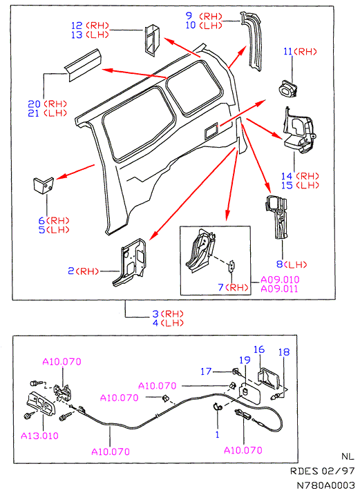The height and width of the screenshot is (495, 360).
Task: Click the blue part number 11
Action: point(287,52)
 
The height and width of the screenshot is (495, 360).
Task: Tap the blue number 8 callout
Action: point(280,264)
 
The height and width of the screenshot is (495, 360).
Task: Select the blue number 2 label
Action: point(71,271)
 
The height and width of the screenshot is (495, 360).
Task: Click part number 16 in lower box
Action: point(259,349)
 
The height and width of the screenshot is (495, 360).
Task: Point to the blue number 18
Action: point(284,351)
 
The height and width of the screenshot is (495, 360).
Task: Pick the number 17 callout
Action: point(206,371)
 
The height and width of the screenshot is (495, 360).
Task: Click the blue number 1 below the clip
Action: point(217,435)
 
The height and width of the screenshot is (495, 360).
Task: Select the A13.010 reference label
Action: point(40,436)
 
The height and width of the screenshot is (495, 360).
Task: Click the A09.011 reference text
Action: point(279,289)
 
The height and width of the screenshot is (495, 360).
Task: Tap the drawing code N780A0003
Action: point(326,485)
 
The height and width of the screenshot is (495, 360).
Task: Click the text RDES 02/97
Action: point(323,471)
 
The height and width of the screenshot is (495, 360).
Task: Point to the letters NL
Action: point(348,456)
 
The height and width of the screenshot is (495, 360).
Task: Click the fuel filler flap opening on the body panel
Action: point(211,130)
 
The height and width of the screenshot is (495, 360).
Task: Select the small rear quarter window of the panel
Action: point(194,88)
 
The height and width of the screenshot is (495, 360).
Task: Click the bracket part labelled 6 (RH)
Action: point(44,185)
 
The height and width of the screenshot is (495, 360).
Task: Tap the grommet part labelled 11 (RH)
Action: point(288,88)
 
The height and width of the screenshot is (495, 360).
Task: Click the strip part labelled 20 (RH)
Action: point(83,65)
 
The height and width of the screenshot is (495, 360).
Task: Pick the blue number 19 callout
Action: point(245,360)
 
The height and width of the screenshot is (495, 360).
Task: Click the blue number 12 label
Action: point(77,26)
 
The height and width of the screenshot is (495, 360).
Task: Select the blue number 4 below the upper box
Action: point(155,323)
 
